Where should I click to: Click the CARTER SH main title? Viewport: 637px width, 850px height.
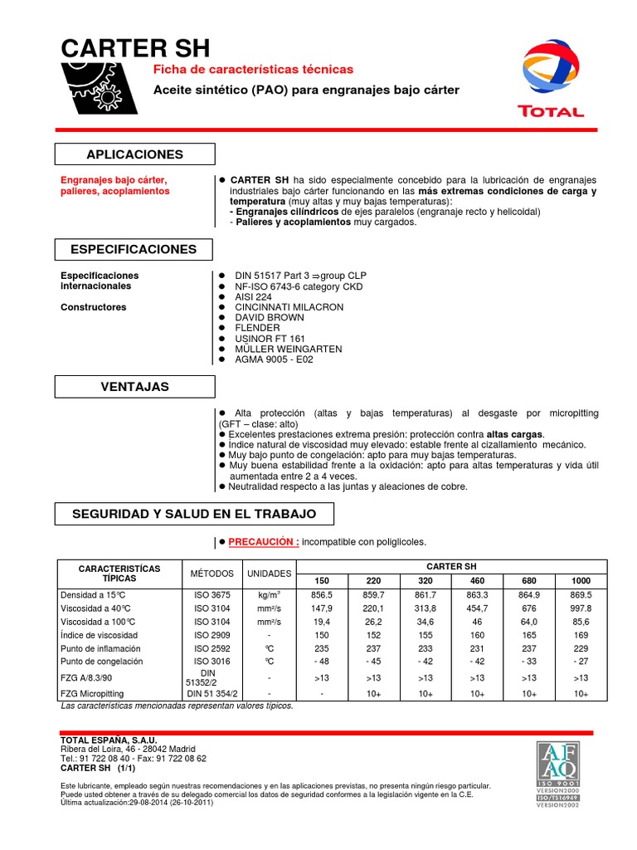(x=136, y=47)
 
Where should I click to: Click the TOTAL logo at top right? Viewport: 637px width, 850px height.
(x=550, y=78)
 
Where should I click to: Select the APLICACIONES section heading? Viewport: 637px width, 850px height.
(x=134, y=154)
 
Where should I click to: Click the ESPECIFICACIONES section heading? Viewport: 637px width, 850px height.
(x=134, y=249)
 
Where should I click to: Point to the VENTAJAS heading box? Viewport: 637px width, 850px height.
(x=134, y=387)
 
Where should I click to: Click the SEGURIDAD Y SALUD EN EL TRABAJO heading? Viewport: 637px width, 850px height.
(x=194, y=515)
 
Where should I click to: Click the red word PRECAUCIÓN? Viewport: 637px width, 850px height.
(x=264, y=542)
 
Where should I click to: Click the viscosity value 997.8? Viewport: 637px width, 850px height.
(x=581, y=608)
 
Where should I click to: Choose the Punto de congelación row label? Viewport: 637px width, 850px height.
(x=102, y=662)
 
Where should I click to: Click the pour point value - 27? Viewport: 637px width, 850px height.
(x=581, y=662)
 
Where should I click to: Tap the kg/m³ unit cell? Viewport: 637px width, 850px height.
(x=269, y=595)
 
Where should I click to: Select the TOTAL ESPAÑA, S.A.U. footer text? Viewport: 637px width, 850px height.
(x=109, y=740)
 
